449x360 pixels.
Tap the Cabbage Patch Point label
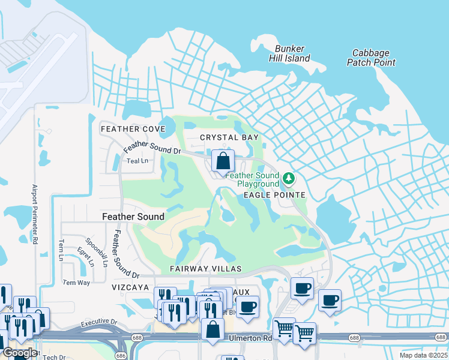click(371, 58)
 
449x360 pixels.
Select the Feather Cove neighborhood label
click(133, 129)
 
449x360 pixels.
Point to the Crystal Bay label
click(229, 137)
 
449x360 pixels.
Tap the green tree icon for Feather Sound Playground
click(289, 178)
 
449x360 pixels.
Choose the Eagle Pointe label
click(274, 195)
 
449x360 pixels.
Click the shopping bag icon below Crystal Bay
click(223, 161)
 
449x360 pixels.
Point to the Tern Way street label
click(76, 283)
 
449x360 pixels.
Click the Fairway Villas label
click(205, 269)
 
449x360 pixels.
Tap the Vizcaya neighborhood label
click(130, 287)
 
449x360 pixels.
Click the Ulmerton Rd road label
click(250, 338)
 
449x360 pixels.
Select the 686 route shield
click(121, 355)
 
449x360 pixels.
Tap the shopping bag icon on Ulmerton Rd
click(212, 329)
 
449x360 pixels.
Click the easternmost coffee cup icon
click(329, 301)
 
